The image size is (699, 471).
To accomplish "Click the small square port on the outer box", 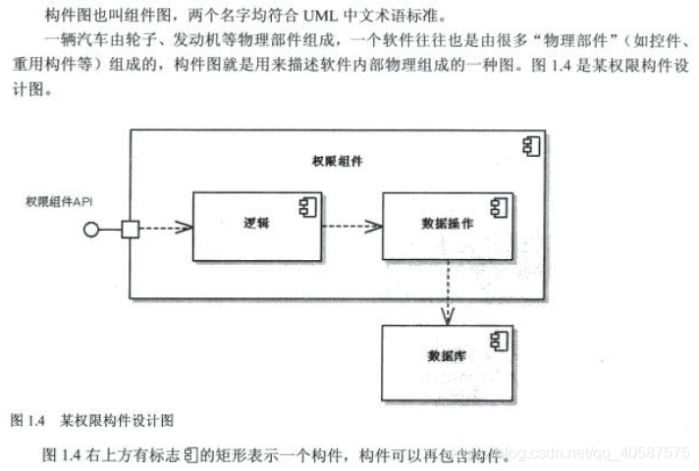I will (129, 230).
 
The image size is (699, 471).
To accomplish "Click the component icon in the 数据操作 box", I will (499, 207).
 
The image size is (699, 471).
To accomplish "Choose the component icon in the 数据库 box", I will (499, 339).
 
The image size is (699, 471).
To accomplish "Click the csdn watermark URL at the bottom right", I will (598, 453).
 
